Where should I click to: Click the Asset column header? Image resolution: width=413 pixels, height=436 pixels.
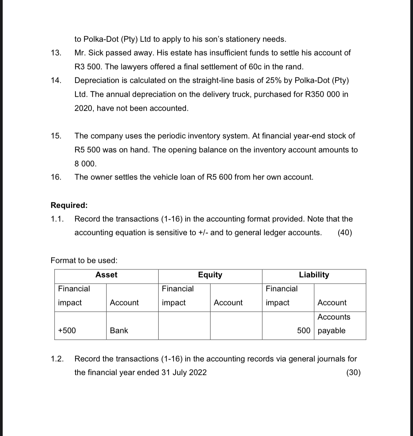(106, 275)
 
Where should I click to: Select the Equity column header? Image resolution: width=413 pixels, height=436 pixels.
(210, 275)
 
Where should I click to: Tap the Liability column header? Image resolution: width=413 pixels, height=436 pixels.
(314, 275)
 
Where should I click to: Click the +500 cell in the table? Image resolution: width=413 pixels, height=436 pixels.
(67, 330)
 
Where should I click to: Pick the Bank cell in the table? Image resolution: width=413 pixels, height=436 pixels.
(119, 330)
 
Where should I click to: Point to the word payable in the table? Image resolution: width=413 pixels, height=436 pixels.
(332, 331)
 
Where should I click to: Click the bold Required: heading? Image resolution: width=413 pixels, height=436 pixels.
(69, 205)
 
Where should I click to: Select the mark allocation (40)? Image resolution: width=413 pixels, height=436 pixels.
(345, 233)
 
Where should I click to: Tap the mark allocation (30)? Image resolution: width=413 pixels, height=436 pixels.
(353, 373)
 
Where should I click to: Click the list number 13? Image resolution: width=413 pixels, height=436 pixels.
(56, 53)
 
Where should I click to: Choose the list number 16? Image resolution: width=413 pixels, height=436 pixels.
(56, 177)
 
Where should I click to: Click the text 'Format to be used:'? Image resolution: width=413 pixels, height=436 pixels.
(84, 260)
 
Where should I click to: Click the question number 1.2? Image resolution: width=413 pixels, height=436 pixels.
(57, 359)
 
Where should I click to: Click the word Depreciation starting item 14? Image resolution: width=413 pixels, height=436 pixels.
(97, 80)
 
